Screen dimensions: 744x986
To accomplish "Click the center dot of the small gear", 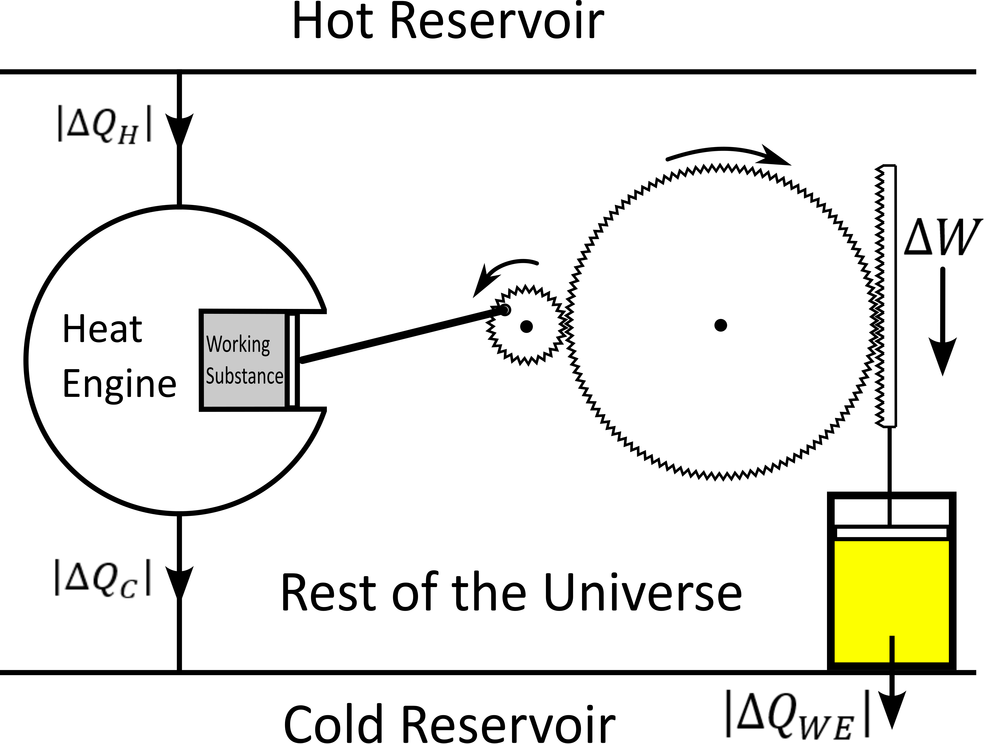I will [x=526, y=326].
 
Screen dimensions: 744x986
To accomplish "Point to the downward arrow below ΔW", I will [x=943, y=321].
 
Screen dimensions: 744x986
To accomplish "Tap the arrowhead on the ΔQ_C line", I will [x=180, y=582].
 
